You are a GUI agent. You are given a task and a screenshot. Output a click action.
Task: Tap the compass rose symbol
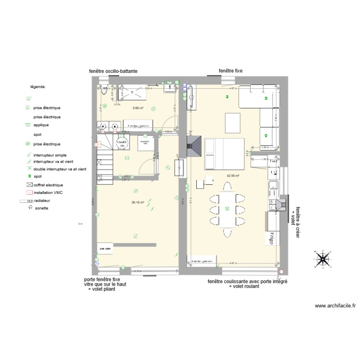click(321, 259)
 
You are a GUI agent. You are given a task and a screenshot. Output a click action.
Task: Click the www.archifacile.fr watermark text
click(335, 305)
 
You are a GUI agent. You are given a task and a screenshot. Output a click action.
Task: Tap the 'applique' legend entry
click(41, 125)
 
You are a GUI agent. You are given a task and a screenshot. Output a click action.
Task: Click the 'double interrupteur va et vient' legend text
click(60, 169)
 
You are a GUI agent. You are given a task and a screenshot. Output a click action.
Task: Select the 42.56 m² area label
click(233, 176)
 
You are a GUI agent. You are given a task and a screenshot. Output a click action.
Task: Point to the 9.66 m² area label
click(138, 108)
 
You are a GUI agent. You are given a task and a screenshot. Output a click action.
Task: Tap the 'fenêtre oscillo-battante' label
click(113, 71)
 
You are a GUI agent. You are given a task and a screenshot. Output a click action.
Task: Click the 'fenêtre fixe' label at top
click(230, 71)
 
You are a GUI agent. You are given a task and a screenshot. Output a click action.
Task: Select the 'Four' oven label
click(274, 162)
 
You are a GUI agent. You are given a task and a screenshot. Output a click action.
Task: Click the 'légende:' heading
click(38, 87)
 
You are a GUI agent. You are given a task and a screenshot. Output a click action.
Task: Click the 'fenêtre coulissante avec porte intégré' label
click(247, 281)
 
